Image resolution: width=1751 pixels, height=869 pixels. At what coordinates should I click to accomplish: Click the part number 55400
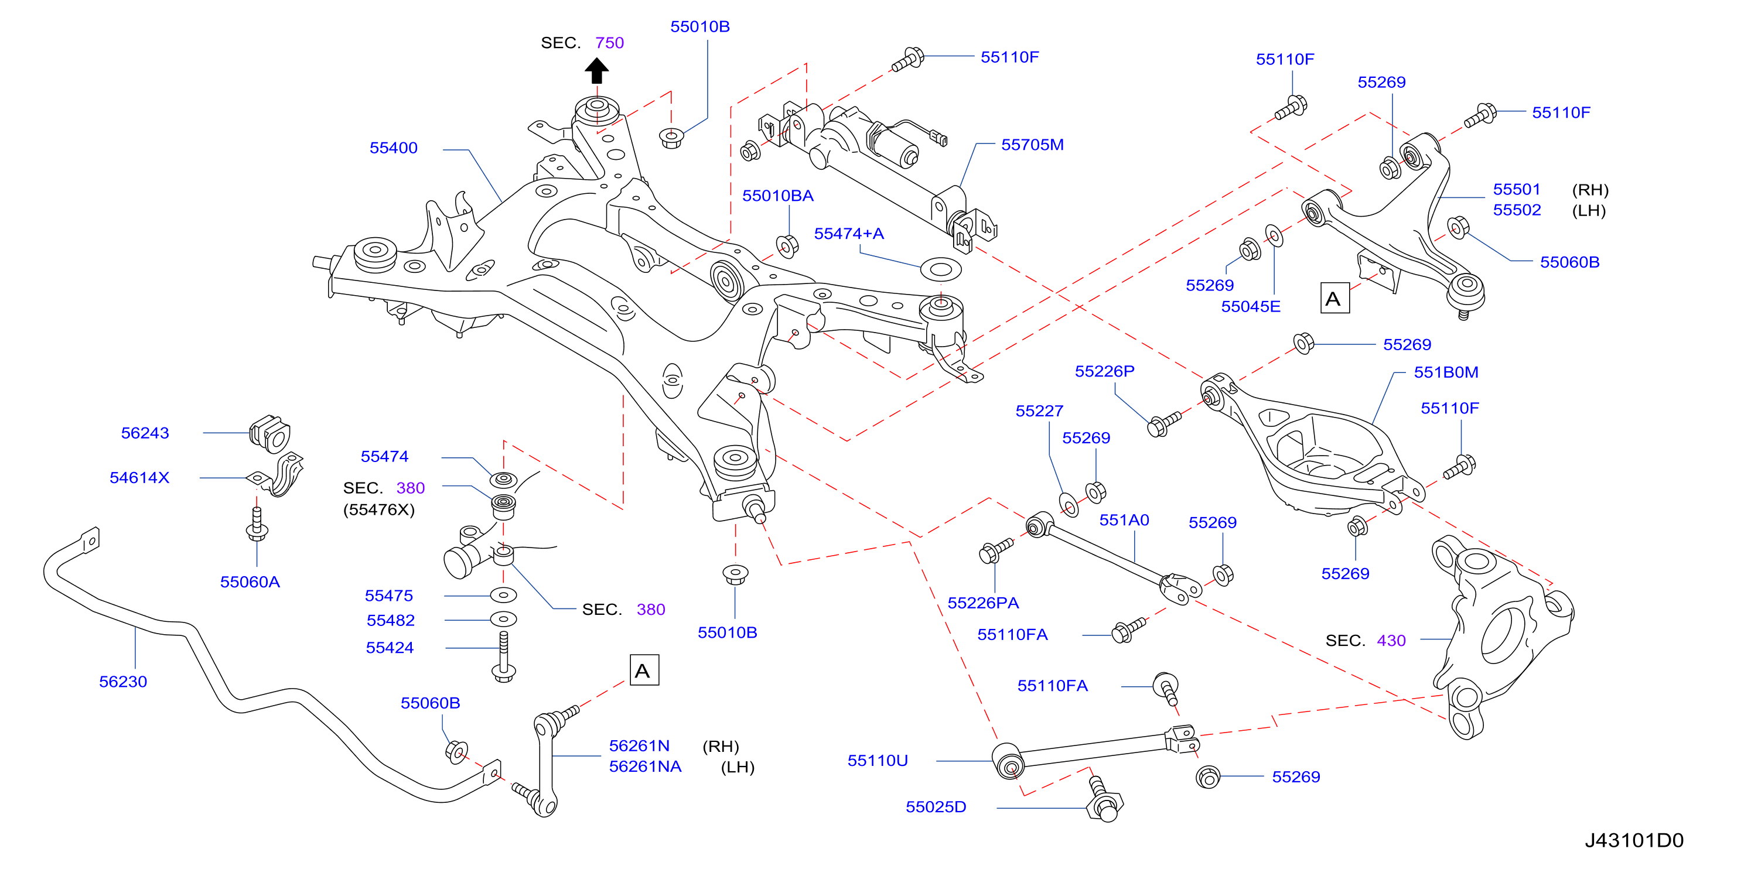394,148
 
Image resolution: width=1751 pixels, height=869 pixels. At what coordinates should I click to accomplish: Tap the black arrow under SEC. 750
597,71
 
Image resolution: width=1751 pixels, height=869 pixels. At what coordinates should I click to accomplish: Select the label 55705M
1033,145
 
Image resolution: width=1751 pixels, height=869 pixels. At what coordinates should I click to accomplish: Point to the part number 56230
123,682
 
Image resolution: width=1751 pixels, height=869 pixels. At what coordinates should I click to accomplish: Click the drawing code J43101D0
1634,840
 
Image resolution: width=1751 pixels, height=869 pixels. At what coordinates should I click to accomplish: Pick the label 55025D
936,807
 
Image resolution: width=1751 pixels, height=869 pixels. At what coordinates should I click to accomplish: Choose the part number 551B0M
1446,372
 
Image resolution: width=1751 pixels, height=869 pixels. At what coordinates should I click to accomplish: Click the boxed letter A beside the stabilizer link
644,670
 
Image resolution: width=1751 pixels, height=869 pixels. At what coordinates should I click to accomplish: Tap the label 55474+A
849,234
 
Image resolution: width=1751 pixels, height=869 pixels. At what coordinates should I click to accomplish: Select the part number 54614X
139,478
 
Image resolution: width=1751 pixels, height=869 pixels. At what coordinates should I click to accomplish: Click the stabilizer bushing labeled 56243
270,433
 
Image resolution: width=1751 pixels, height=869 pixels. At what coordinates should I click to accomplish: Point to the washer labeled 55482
503,620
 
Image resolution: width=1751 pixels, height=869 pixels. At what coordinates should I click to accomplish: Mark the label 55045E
1251,306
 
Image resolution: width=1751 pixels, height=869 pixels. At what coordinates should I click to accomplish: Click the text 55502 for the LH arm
1517,210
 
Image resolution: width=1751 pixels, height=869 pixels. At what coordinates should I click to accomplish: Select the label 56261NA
645,767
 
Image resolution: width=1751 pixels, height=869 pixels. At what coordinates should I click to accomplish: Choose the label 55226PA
983,603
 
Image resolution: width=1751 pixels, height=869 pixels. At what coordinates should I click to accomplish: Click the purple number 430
1391,641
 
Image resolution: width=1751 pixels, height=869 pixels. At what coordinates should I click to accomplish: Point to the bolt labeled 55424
503,656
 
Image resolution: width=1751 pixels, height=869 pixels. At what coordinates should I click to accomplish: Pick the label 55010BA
777,196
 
